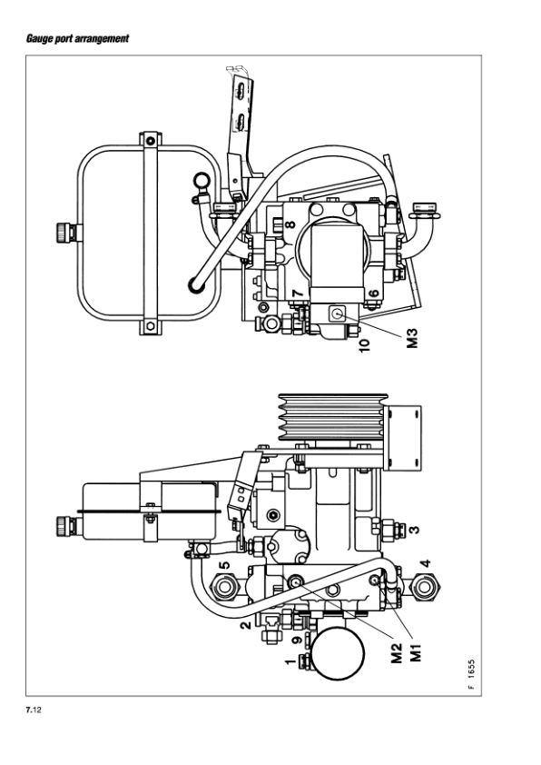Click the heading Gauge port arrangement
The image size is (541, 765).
click(77, 38)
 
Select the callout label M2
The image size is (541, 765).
click(398, 652)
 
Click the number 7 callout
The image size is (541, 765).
click(298, 293)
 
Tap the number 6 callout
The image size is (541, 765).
click(373, 293)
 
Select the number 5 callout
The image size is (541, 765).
click(223, 565)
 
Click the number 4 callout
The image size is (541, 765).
click(426, 563)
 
